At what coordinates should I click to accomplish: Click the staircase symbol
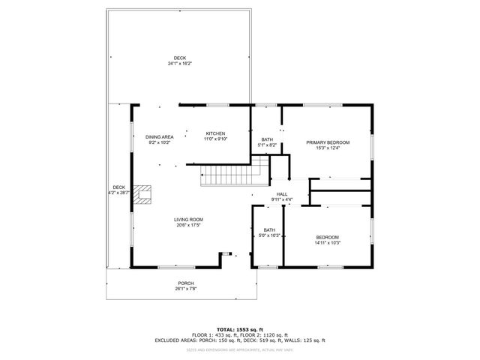coord(232,178)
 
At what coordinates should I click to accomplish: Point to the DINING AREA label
coord(159,136)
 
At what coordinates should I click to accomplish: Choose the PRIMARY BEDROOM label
coord(328,142)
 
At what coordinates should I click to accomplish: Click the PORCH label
coord(185,283)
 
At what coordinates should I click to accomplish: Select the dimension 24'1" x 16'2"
coord(180,64)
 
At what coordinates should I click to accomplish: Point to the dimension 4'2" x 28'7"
coord(118,193)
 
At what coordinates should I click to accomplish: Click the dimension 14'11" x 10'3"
coord(327,242)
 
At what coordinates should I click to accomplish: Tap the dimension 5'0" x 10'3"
coord(269,235)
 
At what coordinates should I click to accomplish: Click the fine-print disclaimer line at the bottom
coord(240,349)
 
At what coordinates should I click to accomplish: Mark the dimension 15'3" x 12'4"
coord(328,147)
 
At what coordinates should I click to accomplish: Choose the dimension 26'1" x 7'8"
coord(185,289)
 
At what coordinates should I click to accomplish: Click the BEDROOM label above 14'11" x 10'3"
coord(328,237)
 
